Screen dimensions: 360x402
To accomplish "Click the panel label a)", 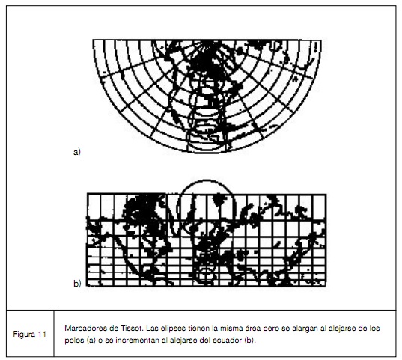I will tap(76, 152).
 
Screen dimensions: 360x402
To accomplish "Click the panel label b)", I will tap(77, 284).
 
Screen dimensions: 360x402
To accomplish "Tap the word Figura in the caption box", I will tap(22, 334).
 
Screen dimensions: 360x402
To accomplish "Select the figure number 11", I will tap(39, 334).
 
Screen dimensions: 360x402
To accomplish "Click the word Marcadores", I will tap(85, 329).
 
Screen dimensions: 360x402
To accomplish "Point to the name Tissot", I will tap(128, 329).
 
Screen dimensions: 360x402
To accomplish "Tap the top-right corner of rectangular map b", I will tap(325, 194).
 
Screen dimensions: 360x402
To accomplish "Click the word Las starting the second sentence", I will tap(151, 329).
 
